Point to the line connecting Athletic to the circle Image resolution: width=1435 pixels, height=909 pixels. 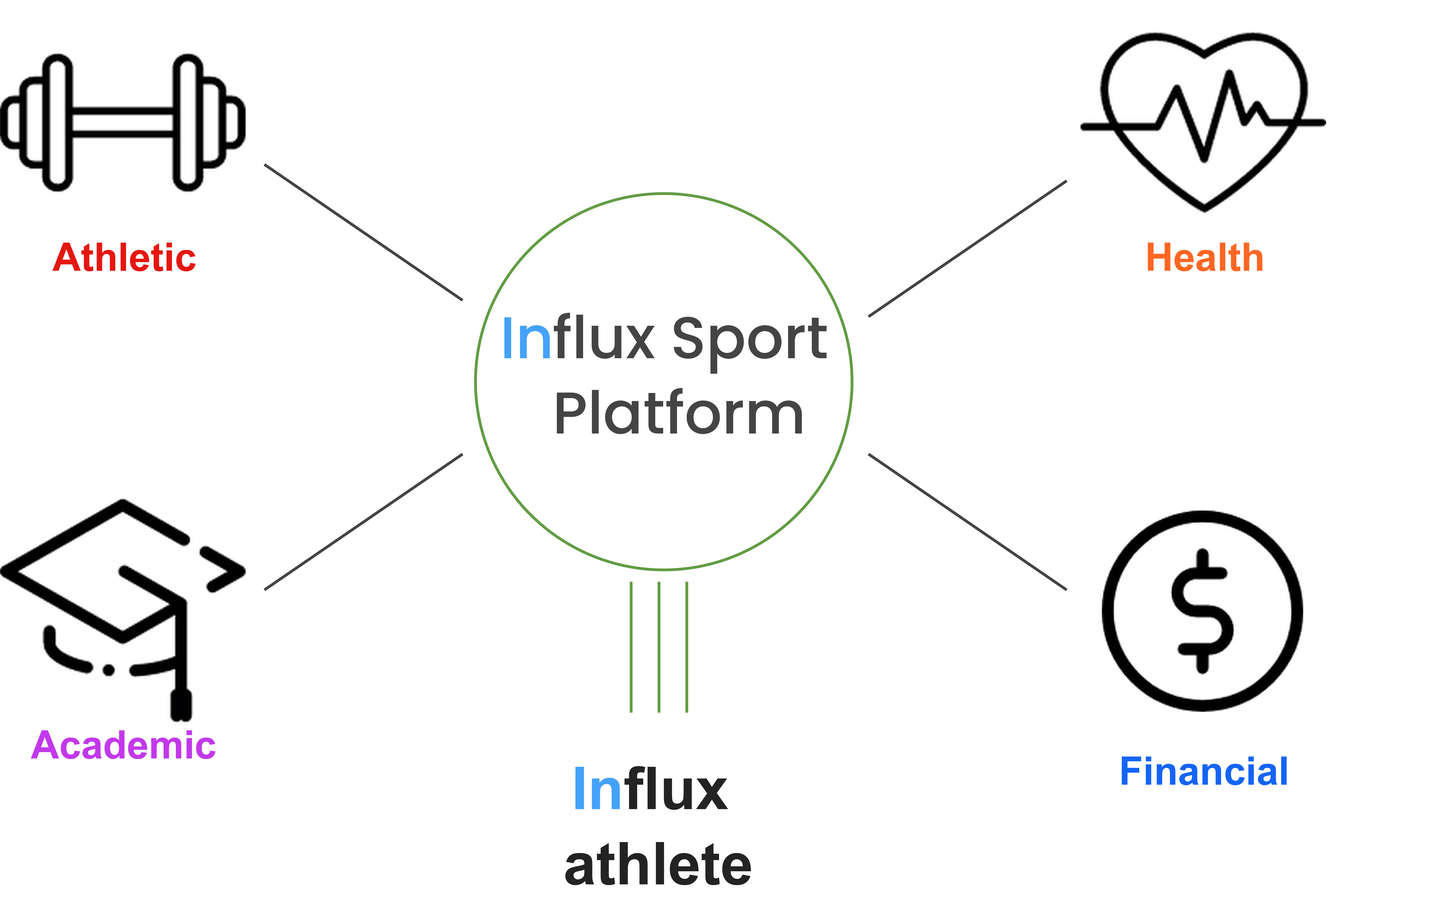click(364, 232)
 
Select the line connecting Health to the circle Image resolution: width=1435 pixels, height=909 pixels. click(967, 248)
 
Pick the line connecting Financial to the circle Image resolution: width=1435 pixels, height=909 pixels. click(967, 522)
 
